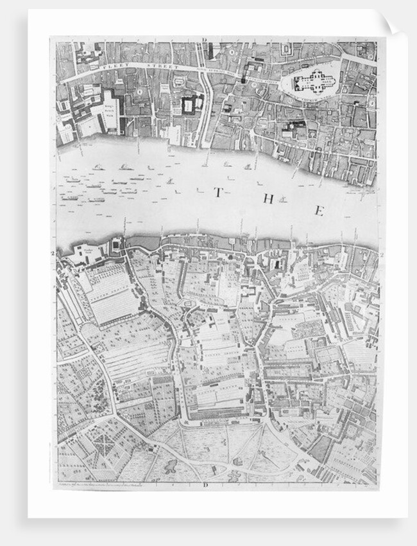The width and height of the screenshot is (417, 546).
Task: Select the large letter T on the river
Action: [218, 192]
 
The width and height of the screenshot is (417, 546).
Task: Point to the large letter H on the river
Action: [268, 199]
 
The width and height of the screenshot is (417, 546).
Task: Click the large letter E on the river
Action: [319, 211]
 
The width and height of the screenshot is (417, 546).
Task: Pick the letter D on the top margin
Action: [203, 40]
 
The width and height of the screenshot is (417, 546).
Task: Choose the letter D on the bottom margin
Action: [206, 484]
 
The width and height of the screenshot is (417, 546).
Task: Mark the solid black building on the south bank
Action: [277, 265]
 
